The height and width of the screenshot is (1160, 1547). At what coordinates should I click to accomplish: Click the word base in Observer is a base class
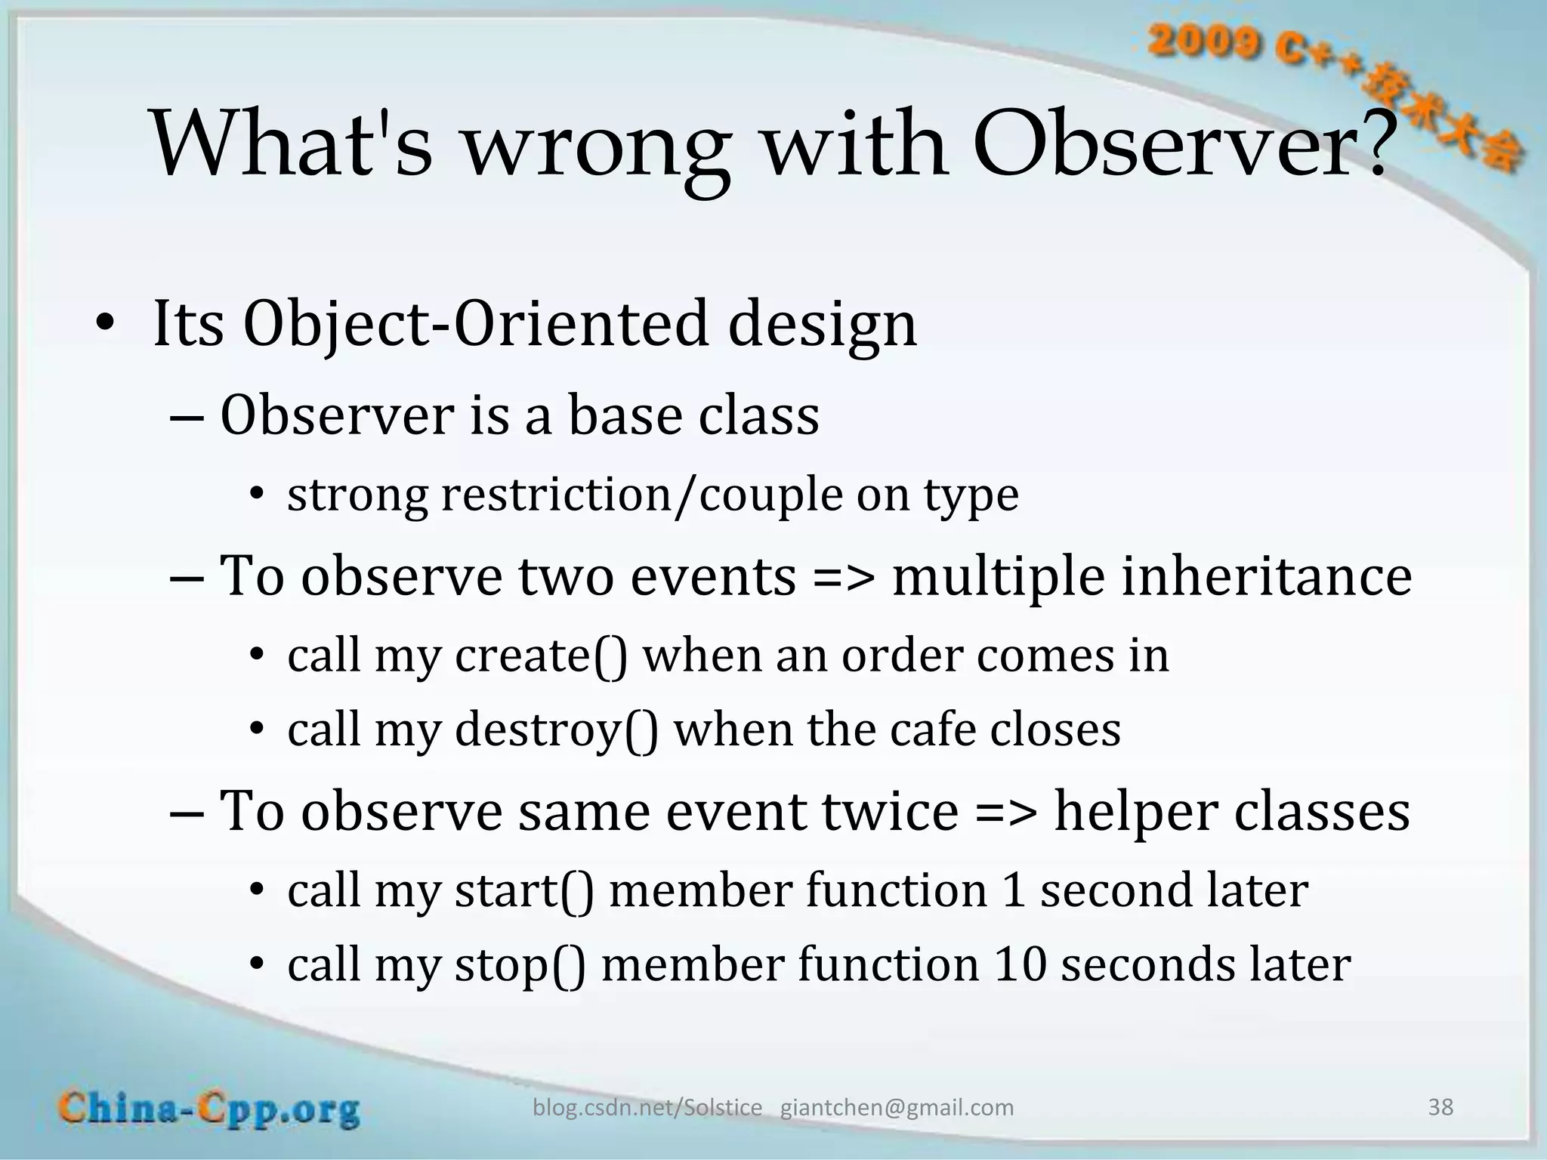[622, 416]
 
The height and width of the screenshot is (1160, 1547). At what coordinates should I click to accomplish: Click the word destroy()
[556, 730]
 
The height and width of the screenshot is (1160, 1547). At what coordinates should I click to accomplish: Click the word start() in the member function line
[523, 891]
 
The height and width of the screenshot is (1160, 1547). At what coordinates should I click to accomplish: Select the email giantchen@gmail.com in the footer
[897, 1108]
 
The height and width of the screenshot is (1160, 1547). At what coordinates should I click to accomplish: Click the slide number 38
[1440, 1107]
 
